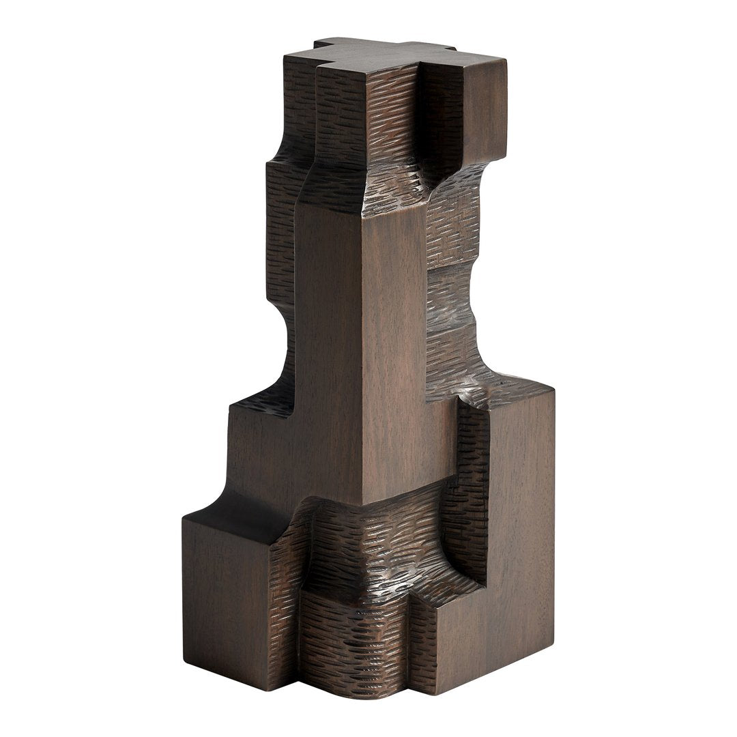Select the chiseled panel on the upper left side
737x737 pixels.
pyautogui.click(x=280, y=225)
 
